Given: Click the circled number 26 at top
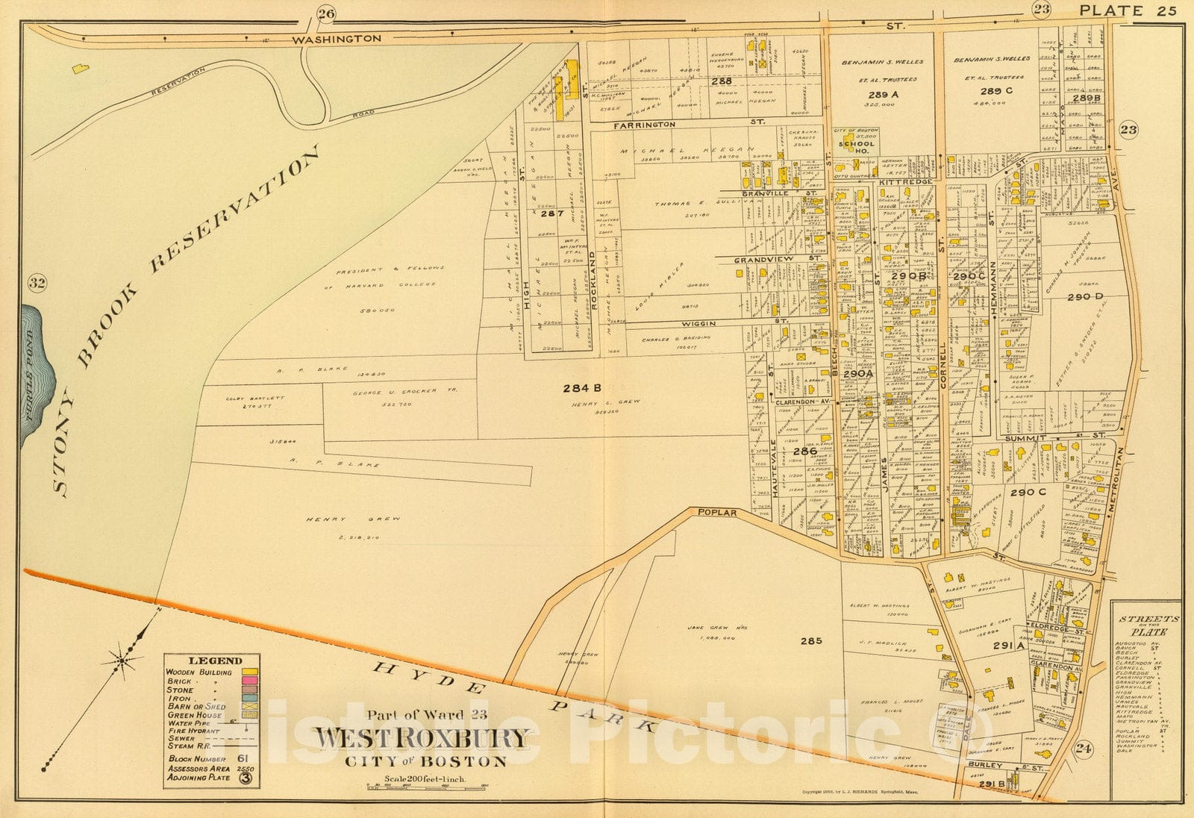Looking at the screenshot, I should (325, 13).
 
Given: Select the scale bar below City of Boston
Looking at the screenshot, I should (423, 786).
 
